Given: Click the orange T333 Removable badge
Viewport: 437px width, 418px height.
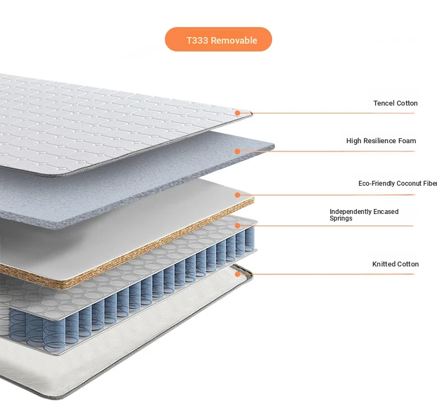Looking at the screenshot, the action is click(218, 39).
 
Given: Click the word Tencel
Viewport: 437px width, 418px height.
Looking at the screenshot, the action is click(383, 103).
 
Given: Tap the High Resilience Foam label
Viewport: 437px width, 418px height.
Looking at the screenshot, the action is click(381, 141).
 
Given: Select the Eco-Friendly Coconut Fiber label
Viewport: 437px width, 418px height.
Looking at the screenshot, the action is click(398, 184).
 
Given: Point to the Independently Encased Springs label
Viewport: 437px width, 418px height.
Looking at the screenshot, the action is click(364, 215).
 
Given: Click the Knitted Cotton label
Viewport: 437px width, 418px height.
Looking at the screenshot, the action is click(396, 264).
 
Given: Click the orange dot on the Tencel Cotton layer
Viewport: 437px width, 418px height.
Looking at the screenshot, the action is click(237, 113).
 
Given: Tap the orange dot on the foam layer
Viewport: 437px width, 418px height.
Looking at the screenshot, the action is click(237, 151).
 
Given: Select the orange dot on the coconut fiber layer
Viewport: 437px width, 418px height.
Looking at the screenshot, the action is click(237, 195).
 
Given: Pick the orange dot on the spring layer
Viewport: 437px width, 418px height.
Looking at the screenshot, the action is click(237, 226).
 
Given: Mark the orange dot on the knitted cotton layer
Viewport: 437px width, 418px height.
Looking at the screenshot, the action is click(237, 274).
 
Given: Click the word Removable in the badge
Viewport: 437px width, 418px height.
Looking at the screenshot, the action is click(234, 40).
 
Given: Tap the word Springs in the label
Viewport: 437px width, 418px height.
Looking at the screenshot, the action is click(341, 218).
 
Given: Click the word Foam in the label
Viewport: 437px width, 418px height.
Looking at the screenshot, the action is click(407, 141).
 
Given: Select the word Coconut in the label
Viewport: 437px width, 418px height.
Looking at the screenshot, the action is click(409, 184).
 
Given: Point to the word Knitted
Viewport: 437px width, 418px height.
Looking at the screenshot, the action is click(383, 264).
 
